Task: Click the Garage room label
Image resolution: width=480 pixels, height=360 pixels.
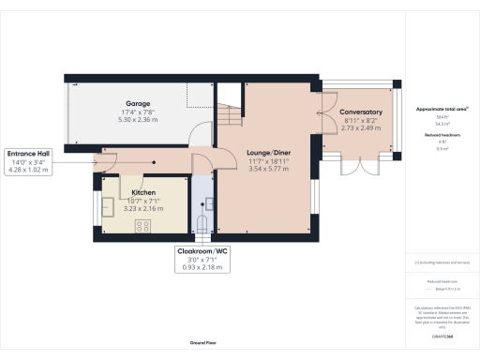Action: (x=139, y=103)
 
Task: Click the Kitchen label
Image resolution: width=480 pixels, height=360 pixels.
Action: (x=143, y=191)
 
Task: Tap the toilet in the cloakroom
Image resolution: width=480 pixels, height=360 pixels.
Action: (x=203, y=223)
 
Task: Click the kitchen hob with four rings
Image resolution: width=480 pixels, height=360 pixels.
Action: (x=144, y=225)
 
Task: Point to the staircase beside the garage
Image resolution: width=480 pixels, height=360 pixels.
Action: (x=229, y=115)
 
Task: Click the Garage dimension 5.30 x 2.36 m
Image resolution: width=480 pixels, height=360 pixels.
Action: (x=139, y=119)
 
